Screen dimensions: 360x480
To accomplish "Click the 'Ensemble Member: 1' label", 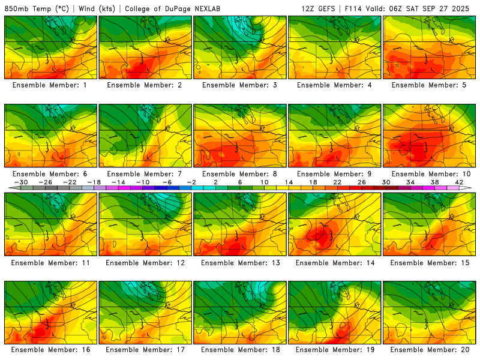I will coord(50,85).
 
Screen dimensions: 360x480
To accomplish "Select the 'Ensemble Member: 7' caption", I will coord(145,174).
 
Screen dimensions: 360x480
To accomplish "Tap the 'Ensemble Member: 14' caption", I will coord(334,262).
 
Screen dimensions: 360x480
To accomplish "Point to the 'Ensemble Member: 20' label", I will coord(430,349).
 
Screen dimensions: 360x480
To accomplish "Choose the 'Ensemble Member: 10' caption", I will coord(430,174).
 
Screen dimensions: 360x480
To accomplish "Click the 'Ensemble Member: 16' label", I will coord(50,349).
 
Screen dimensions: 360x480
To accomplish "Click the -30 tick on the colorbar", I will coord(21,182).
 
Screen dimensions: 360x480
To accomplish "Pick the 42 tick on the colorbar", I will coord(460,182).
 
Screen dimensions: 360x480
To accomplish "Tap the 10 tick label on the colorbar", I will coord(264,182).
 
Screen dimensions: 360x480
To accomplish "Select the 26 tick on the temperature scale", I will coord(362,182).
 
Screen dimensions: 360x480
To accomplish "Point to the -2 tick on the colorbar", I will coord(191,182).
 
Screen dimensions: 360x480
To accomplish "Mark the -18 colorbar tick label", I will coord(94,182).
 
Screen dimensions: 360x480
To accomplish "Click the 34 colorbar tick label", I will coord(411,182).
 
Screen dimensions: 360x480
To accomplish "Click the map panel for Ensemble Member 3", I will coord(240,47).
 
